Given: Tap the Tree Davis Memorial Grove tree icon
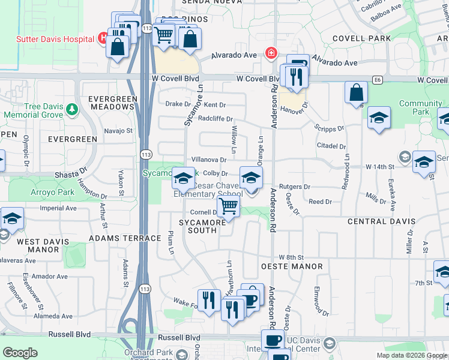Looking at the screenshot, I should point(72,110).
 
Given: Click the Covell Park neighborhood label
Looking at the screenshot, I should point(361,38).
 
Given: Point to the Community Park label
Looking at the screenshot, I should point(420,107).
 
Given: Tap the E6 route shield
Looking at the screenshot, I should point(377,79).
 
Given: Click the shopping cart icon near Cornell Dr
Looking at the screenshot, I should point(228,207).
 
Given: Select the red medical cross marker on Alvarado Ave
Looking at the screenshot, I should point(272,53).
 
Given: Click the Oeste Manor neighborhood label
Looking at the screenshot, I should point(292,266).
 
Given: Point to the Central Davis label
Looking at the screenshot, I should point(380,221).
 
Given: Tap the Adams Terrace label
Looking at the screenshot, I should point(125,238).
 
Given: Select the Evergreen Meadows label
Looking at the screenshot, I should point(111,103).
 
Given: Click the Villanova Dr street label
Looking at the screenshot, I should point(208,160).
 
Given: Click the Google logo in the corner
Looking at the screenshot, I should point(20,353).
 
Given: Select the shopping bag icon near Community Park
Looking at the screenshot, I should point(356,93).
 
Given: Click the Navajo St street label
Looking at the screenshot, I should point(118,130).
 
